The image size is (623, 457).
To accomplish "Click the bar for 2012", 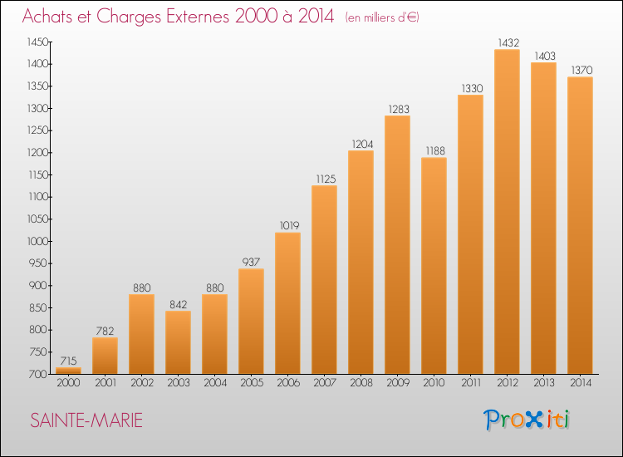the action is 507,211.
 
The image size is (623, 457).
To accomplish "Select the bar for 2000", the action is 68,371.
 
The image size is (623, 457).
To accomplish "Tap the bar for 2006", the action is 287,303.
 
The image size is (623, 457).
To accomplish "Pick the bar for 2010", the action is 434,265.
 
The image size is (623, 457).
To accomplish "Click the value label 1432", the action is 508,42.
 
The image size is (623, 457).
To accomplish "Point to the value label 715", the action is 68,361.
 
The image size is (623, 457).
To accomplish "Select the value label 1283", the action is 399,110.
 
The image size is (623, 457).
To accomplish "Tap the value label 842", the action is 178,304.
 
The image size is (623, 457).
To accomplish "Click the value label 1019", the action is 289,226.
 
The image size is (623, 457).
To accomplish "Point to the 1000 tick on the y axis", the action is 37,241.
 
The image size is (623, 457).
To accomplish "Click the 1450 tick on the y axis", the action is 37,42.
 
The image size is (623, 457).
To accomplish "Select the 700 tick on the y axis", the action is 38,374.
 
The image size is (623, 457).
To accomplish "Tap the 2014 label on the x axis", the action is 581,383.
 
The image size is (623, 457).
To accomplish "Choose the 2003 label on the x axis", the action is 179,383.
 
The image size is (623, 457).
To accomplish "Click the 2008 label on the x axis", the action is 361,383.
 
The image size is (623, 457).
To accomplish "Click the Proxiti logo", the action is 526,420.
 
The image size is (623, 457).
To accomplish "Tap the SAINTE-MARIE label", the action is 86,420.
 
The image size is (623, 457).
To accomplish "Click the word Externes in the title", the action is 198,16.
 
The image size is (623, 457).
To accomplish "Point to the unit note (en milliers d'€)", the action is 382,17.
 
